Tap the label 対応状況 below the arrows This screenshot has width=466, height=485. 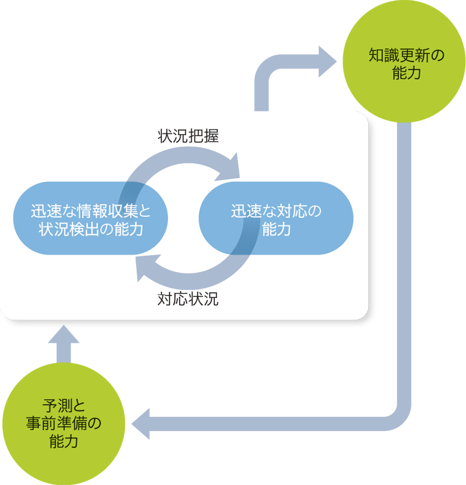188,299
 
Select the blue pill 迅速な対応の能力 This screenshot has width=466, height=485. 276,218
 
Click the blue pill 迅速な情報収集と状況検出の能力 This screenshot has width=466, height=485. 91,218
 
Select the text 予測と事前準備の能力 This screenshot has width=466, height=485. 64,423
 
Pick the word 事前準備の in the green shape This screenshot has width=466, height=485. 64,423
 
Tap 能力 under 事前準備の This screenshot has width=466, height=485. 64,441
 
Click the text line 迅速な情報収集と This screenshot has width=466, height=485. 91,211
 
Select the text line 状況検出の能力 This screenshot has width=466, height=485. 91,229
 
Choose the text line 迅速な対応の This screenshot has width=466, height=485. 276,211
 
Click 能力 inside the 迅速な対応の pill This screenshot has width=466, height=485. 276,229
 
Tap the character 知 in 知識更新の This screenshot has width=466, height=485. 376,55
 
